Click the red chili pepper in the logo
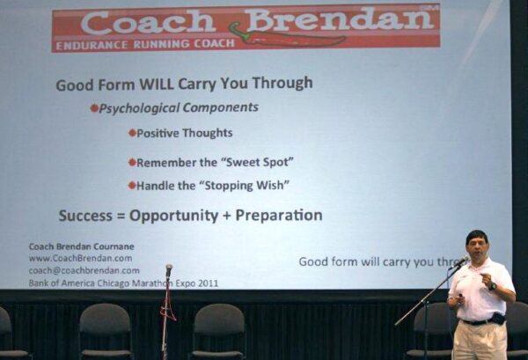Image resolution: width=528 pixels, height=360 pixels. [x=286, y=36]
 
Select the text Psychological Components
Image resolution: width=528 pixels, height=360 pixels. [x=179, y=107]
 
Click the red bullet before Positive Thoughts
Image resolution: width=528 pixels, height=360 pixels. [x=132, y=133]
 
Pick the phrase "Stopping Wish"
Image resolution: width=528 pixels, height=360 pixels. [x=245, y=185]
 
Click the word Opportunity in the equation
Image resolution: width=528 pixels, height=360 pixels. [x=173, y=216]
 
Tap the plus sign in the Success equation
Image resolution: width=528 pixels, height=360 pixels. [x=227, y=216]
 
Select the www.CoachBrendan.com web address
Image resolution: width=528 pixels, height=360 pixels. [x=80, y=258]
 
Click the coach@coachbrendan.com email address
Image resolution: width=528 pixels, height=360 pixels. [x=84, y=270]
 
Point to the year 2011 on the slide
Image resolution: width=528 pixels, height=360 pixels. [x=208, y=283]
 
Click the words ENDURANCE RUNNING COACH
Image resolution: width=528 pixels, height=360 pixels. [x=145, y=45]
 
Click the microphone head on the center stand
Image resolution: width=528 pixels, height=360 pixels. [x=169, y=269]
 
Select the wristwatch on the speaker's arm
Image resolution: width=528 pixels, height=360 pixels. [x=492, y=286]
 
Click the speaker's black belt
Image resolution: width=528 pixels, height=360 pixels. [x=478, y=321]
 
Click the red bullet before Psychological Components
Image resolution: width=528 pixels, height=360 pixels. [x=94, y=108]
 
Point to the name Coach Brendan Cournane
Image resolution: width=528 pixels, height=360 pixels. [x=82, y=246]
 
